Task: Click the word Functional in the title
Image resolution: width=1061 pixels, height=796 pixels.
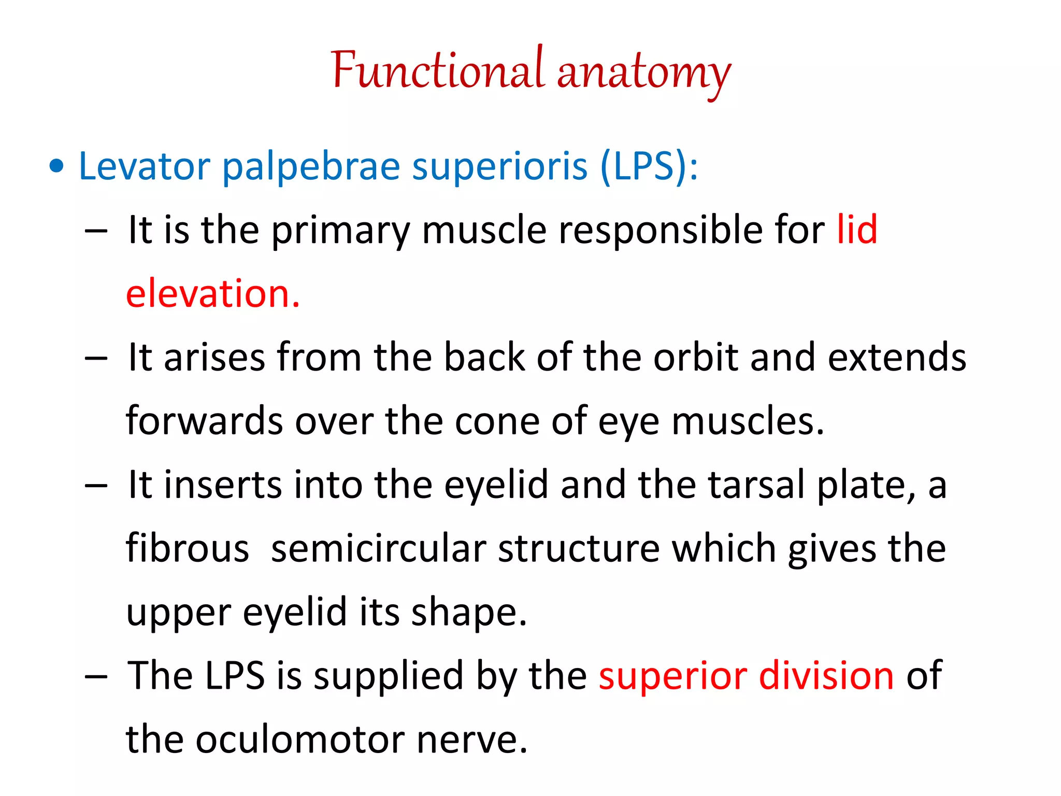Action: (x=438, y=70)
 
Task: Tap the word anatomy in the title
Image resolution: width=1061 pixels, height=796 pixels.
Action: (x=644, y=73)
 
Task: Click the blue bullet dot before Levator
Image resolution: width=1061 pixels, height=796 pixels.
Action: (x=56, y=166)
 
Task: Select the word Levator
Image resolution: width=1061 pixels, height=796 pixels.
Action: (x=144, y=166)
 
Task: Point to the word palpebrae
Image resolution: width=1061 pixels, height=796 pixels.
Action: (x=311, y=167)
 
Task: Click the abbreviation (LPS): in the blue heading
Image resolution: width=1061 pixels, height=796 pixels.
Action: (x=649, y=166)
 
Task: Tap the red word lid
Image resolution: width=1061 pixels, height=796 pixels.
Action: (x=857, y=230)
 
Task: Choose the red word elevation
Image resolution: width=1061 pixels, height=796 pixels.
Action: (x=212, y=293)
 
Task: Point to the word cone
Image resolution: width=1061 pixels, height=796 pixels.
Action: (x=497, y=421)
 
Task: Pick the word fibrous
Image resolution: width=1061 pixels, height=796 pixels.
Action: (x=188, y=548)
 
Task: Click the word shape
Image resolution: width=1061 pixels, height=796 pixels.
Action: (x=468, y=613)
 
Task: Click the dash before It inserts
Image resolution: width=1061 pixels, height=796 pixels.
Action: (x=96, y=486)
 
